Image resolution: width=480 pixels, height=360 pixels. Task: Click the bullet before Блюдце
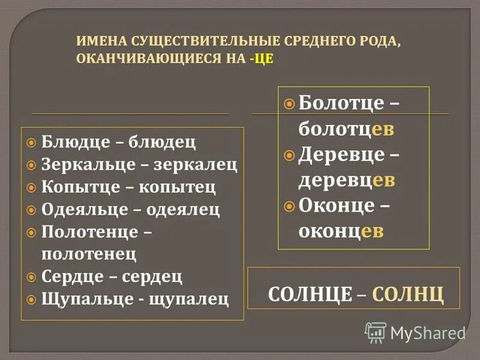pos(32,143)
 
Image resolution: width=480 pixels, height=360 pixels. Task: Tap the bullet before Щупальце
pos(32,298)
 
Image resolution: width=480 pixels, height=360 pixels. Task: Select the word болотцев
pos(346,128)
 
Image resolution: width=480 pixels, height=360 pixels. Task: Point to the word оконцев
pos(341,232)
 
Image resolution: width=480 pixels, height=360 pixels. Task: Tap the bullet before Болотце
pos(289,103)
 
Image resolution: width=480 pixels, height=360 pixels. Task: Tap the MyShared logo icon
pos(376,332)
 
